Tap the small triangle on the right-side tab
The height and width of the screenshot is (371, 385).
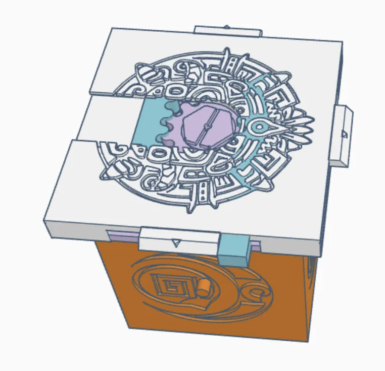344,134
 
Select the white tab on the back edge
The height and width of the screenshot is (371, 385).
227,31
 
